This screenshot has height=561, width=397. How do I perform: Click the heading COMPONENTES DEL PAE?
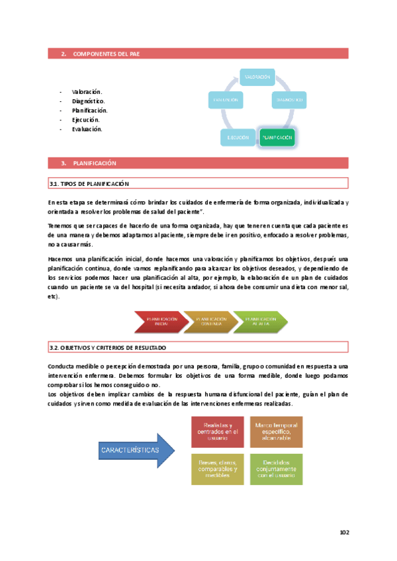106,54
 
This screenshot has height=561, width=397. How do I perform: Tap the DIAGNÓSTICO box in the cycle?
289,100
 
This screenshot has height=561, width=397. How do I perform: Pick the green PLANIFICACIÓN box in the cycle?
277,137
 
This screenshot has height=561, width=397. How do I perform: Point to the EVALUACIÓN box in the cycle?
225,100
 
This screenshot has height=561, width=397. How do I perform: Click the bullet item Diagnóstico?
90,101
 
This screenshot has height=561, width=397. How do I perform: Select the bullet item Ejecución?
86,120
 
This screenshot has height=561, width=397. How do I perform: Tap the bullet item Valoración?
87,92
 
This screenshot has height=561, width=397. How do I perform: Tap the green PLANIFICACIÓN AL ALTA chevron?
259,322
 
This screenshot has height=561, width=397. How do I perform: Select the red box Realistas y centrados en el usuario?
218,431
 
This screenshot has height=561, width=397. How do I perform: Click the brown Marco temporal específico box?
276,431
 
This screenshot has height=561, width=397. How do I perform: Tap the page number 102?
343,532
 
